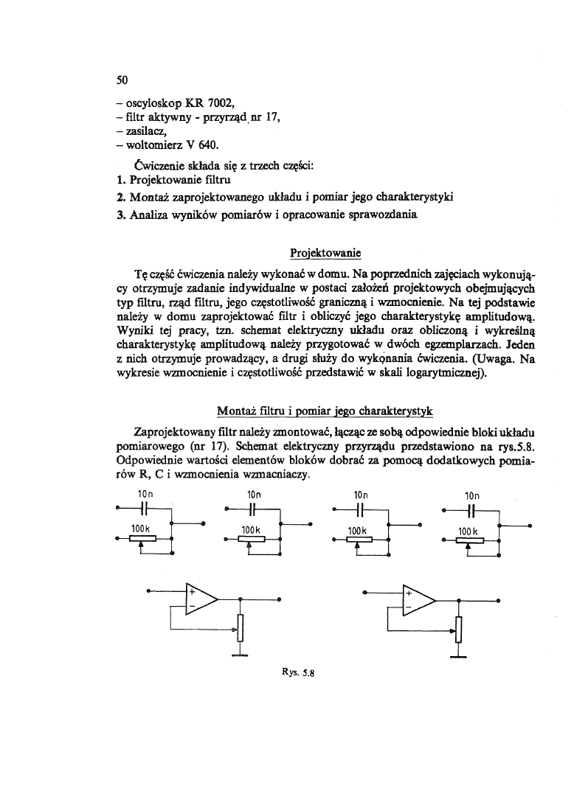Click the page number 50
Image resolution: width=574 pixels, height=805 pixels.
click(x=123, y=80)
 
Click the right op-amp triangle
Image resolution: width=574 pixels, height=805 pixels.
click(x=418, y=599)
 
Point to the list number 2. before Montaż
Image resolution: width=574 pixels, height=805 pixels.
click(x=122, y=198)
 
